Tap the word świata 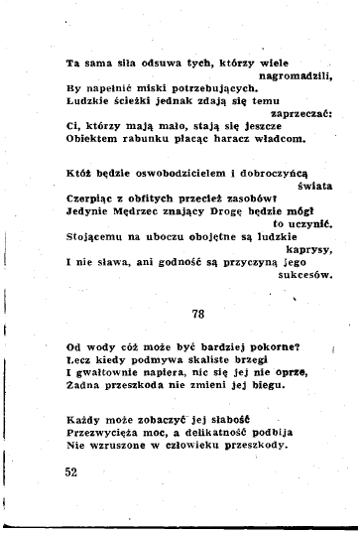(313, 185)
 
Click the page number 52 (72, 472)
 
